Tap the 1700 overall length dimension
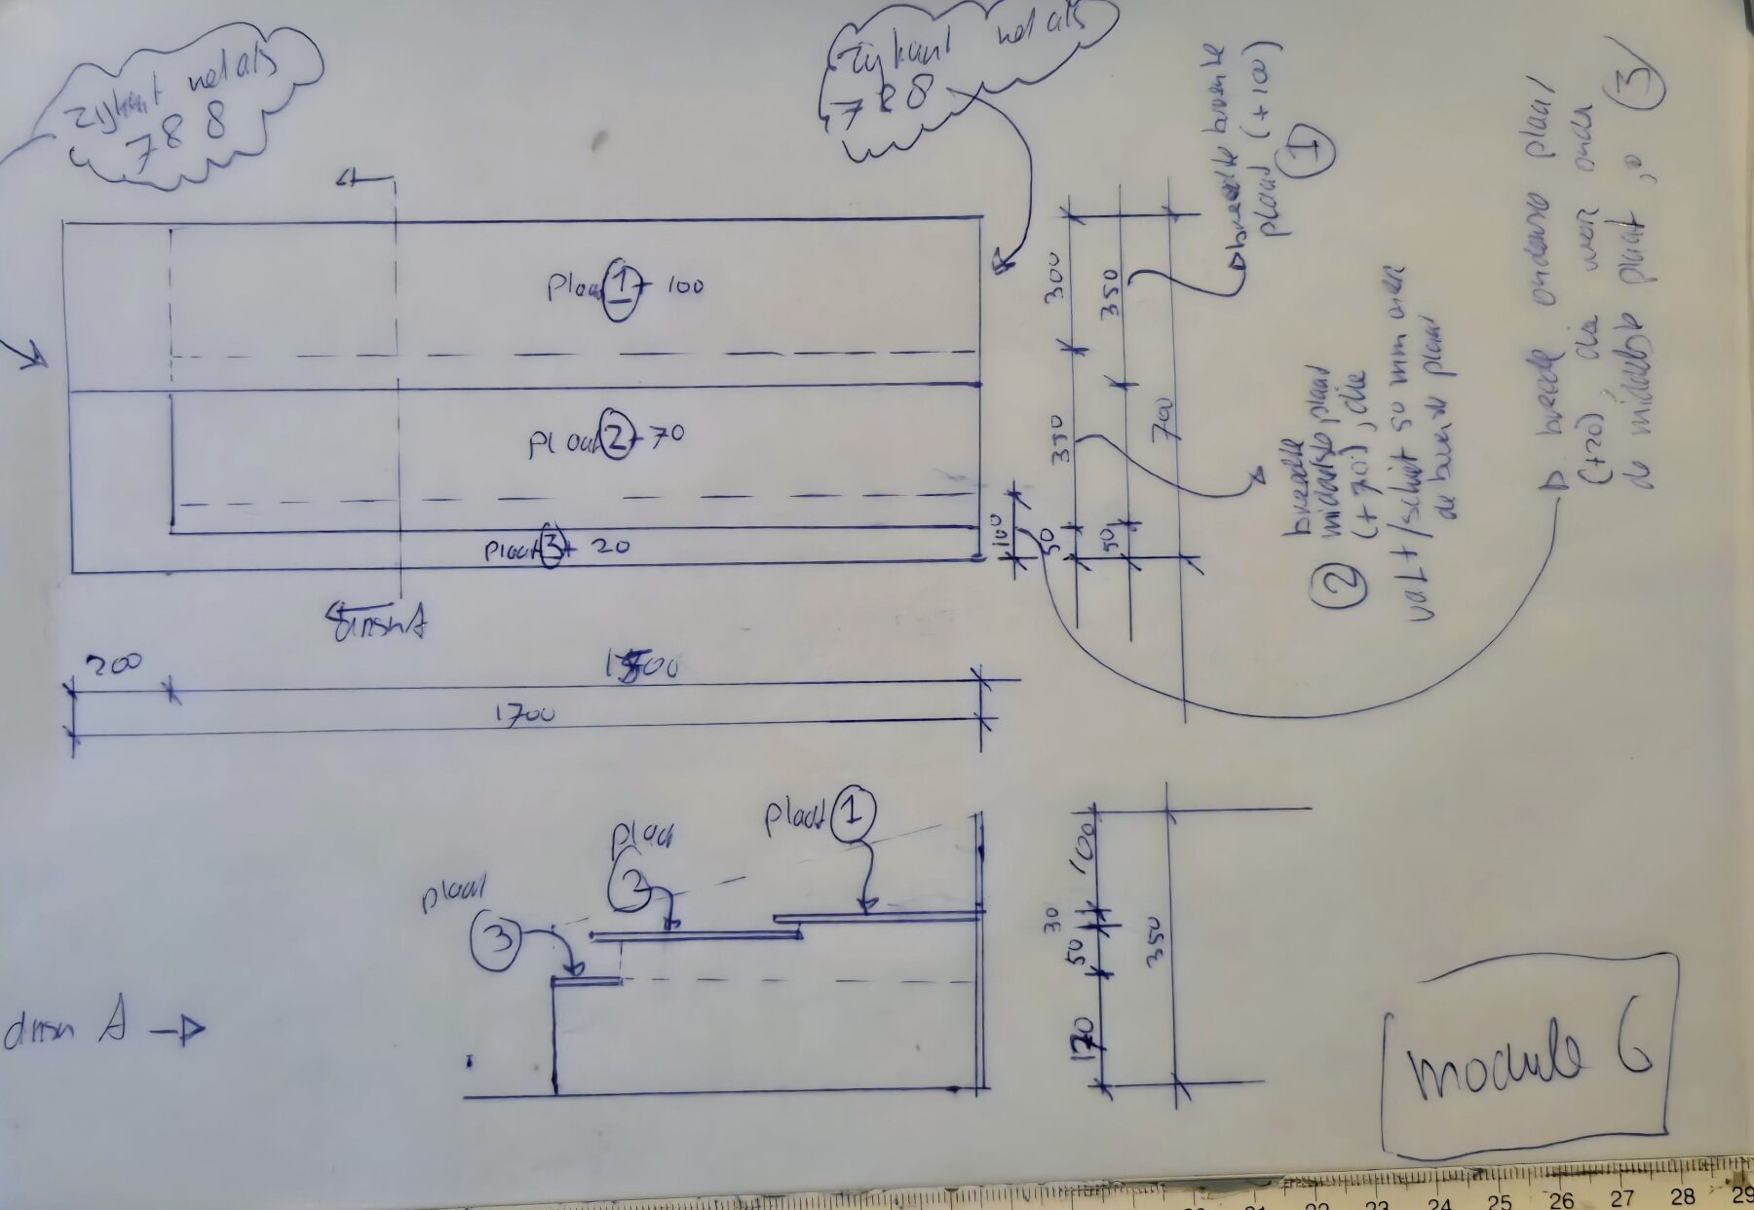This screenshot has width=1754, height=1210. [524, 713]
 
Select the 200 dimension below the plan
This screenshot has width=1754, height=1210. [114, 665]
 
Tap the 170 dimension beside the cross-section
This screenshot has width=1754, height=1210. [1087, 1039]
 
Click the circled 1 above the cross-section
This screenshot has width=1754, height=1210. [853, 813]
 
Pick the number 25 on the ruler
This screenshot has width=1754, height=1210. [1500, 1200]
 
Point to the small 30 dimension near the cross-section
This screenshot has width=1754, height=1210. [1050, 919]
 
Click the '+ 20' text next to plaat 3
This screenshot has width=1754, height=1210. [599, 548]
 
